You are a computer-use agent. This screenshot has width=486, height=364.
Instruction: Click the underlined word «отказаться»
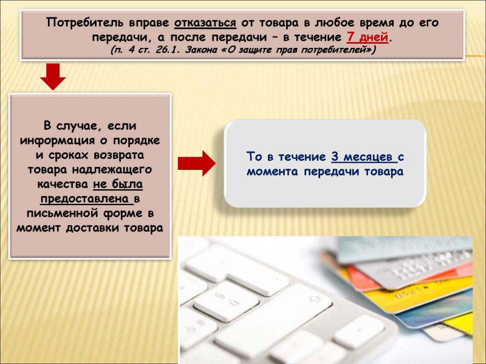[205, 23]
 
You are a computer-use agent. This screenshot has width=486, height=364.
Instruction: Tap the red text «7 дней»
[368, 37]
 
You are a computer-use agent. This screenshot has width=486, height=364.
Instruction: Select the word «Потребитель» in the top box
[85, 23]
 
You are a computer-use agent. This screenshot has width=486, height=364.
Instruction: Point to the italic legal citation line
[243, 50]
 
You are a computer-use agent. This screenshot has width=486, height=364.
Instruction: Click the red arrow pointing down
[53, 76]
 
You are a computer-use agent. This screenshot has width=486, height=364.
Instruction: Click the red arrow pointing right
[196, 163]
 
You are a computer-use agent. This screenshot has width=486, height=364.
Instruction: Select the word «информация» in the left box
[57, 140]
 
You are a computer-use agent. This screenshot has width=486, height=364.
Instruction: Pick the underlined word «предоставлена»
[84, 199]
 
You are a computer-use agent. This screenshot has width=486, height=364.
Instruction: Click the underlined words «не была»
[118, 184]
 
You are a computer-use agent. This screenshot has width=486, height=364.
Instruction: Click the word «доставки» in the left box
[92, 228]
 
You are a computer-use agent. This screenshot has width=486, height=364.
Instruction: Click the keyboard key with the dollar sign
[226, 300]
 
